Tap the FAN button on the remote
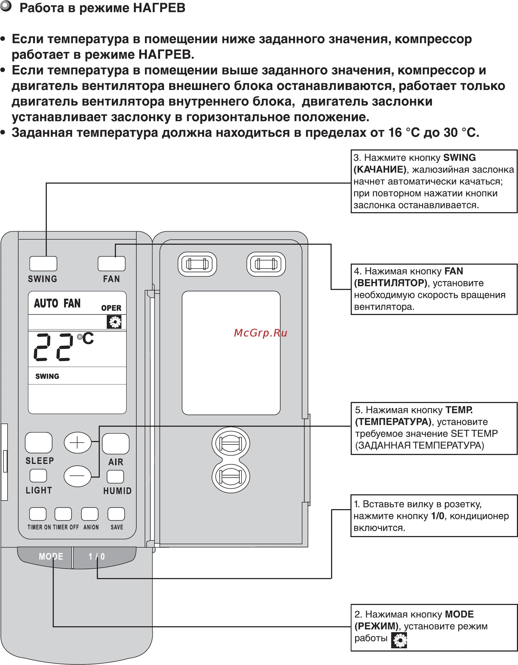click(x=111, y=263)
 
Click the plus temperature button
click(x=77, y=442)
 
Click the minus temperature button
click(x=77, y=476)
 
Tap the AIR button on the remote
click(x=116, y=444)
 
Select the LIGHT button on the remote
click(x=38, y=476)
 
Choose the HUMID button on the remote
click(x=116, y=477)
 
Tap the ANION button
click(x=90, y=514)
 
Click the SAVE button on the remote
click(x=116, y=514)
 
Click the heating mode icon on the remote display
click(x=114, y=322)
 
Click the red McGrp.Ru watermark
click(x=260, y=333)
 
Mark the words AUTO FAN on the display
click(x=57, y=303)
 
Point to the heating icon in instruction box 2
click(x=400, y=640)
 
